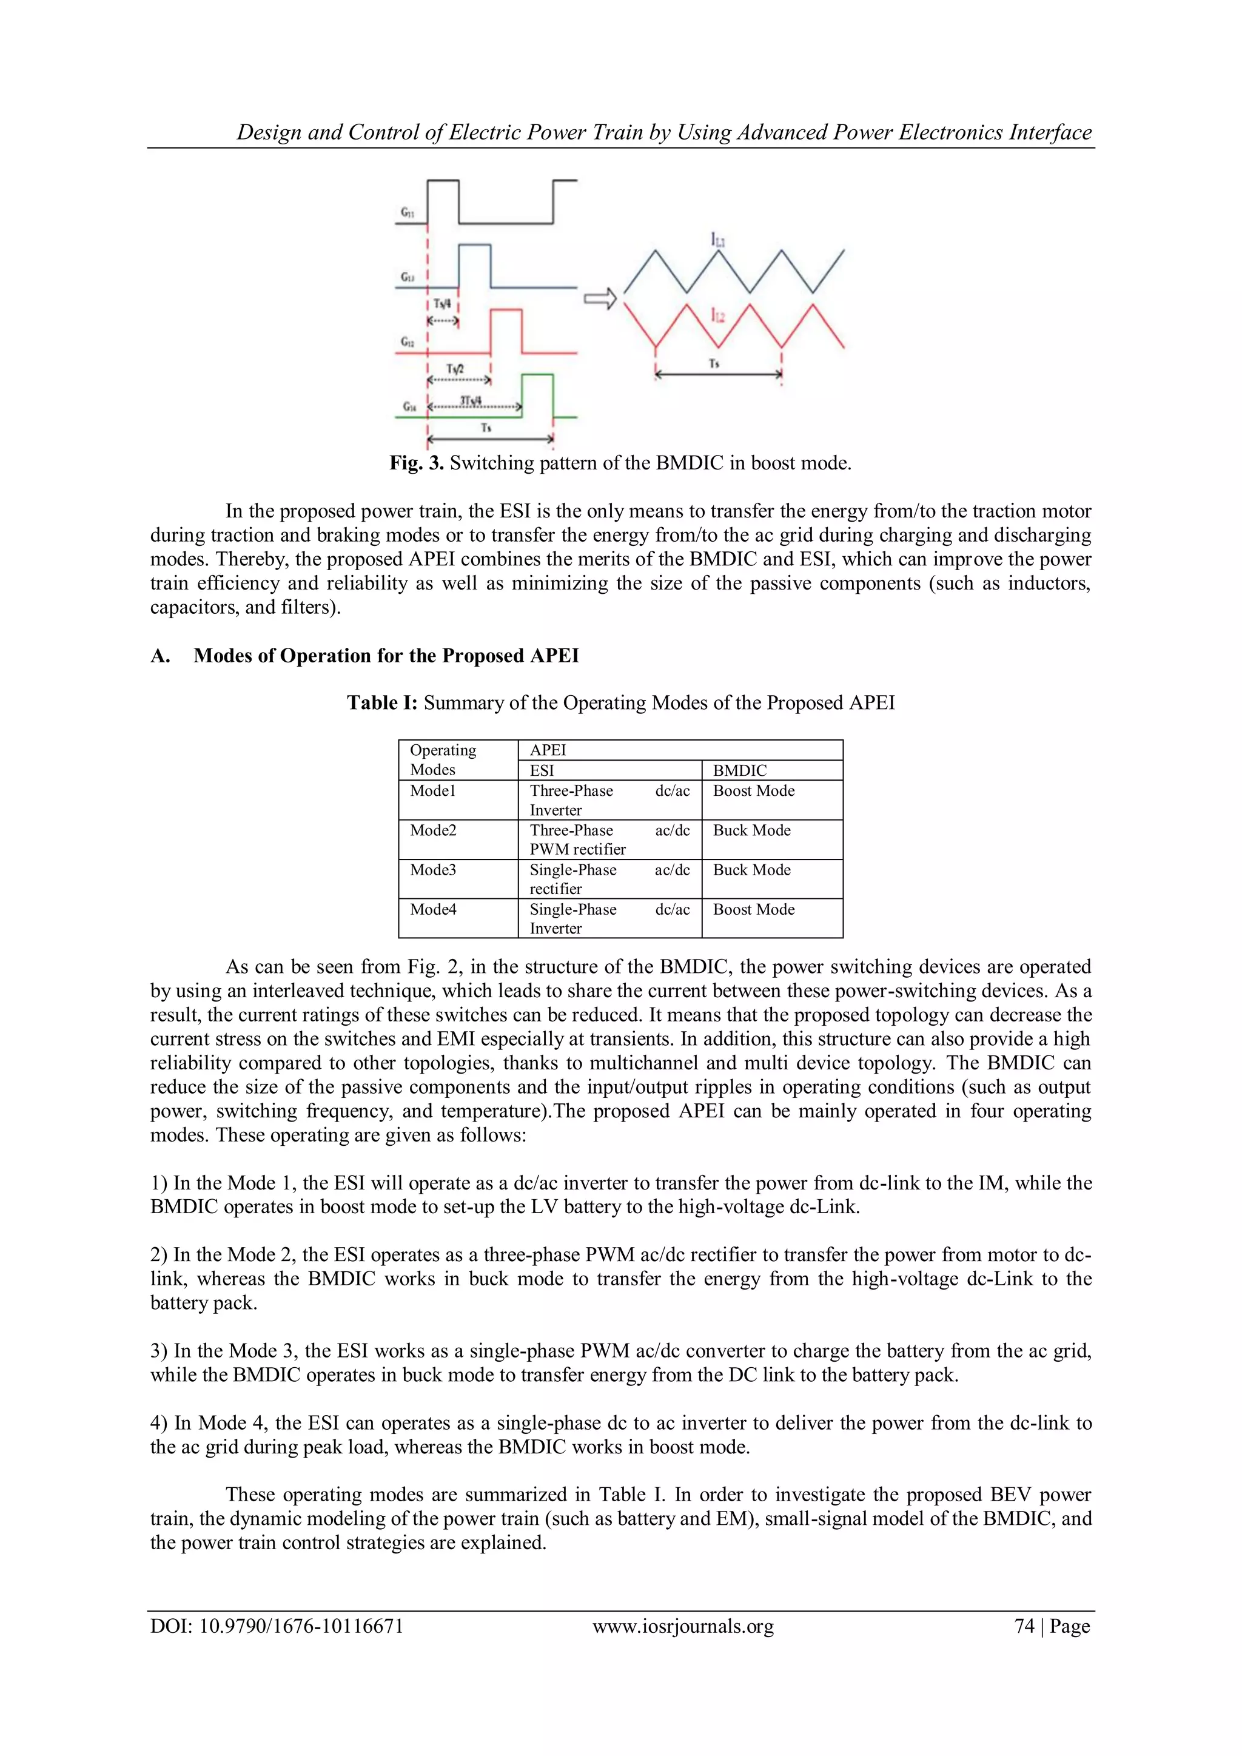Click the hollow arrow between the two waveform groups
600,299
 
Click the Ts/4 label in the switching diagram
442,304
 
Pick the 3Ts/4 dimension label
471,400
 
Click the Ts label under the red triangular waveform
714,363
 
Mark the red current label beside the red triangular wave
717,315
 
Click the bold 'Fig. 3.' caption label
416,463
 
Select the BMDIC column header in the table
739,770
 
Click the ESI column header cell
542,770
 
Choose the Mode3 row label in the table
433,870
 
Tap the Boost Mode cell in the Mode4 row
753,909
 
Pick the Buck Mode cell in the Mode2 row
752,830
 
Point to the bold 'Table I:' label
383,703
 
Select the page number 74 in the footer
1024,1626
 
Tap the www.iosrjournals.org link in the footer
683,1626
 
